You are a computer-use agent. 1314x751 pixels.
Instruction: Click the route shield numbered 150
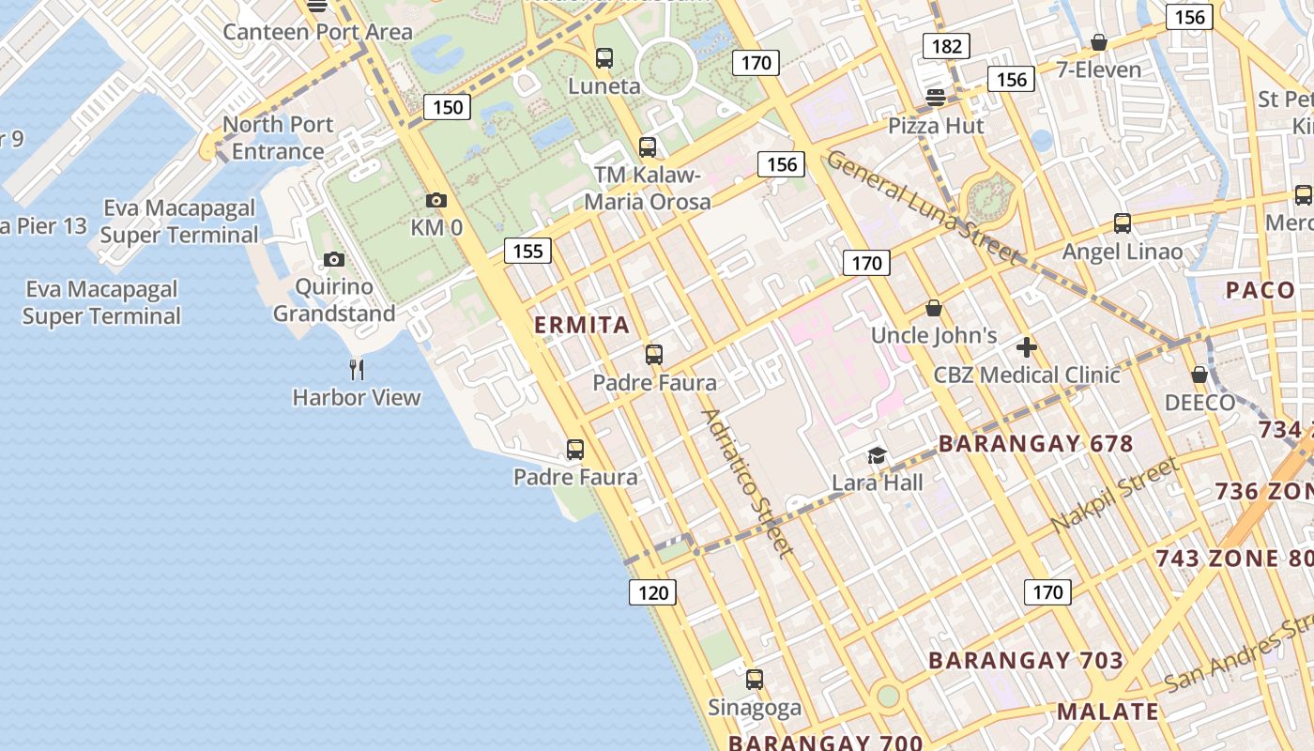point(448,107)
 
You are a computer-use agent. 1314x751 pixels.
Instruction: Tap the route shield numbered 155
point(527,251)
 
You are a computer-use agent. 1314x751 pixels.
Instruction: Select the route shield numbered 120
point(652,592)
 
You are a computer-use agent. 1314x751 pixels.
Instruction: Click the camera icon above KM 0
point(436,200)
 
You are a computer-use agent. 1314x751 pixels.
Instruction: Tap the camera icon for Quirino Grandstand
point(334,259)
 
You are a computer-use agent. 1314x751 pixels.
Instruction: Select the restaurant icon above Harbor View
point(357,369)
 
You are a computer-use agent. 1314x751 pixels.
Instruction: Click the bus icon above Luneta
point(604,58)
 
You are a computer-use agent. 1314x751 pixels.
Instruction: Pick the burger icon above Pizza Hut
point(935,98)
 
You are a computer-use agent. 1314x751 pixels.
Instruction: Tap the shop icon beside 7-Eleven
point(1099,42)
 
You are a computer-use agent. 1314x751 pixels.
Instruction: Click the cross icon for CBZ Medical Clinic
point(1027,347)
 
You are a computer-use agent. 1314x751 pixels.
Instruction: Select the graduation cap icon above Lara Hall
point(877,455)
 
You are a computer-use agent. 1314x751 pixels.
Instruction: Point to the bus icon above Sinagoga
point(755,680)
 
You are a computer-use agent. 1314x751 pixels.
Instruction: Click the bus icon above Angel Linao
point(1123,223)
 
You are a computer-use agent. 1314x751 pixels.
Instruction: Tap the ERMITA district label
point(582,326)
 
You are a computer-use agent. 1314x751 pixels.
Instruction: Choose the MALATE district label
point(1108,711)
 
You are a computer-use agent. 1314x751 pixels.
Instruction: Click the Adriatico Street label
point(748,483)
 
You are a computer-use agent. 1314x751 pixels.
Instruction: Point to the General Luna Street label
point(922,207)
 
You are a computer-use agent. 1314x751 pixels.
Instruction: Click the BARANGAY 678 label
point(1036,444)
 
